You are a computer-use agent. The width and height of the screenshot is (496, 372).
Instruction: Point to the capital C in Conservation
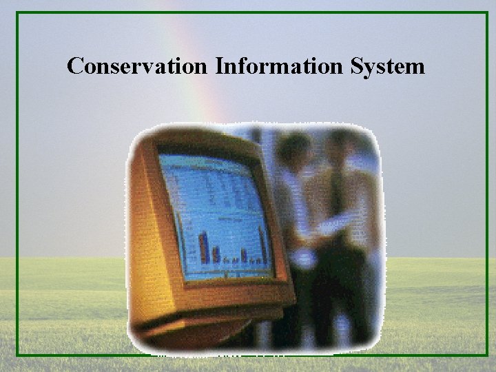coord(75,66)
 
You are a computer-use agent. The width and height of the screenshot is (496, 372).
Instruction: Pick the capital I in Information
coord(220,66)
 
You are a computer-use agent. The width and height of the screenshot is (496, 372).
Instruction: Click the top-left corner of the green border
coord(19,14)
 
